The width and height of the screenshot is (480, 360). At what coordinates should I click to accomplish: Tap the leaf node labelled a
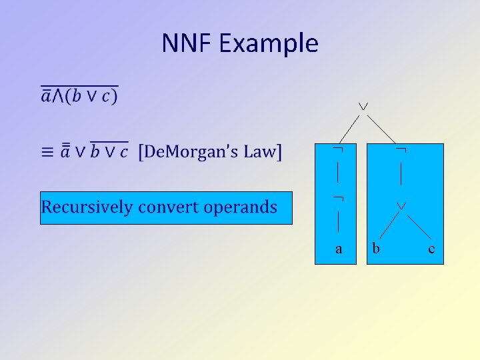coord(339,249)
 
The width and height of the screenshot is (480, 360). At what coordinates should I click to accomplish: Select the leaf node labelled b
coord(376,249)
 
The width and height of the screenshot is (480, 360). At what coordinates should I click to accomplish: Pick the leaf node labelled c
coord(431,249)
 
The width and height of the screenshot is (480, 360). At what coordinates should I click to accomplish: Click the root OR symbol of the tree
coord(363,107)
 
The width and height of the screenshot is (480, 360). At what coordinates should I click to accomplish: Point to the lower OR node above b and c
coord(401,207)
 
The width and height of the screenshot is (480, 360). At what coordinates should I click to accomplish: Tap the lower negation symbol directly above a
coord(338,199)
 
